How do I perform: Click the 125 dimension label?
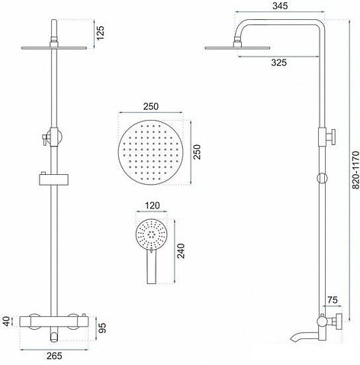[98, 32]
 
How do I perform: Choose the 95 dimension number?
[101, 329]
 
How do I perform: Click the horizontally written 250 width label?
[153, 106]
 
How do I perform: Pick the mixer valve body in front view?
[53, 320]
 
